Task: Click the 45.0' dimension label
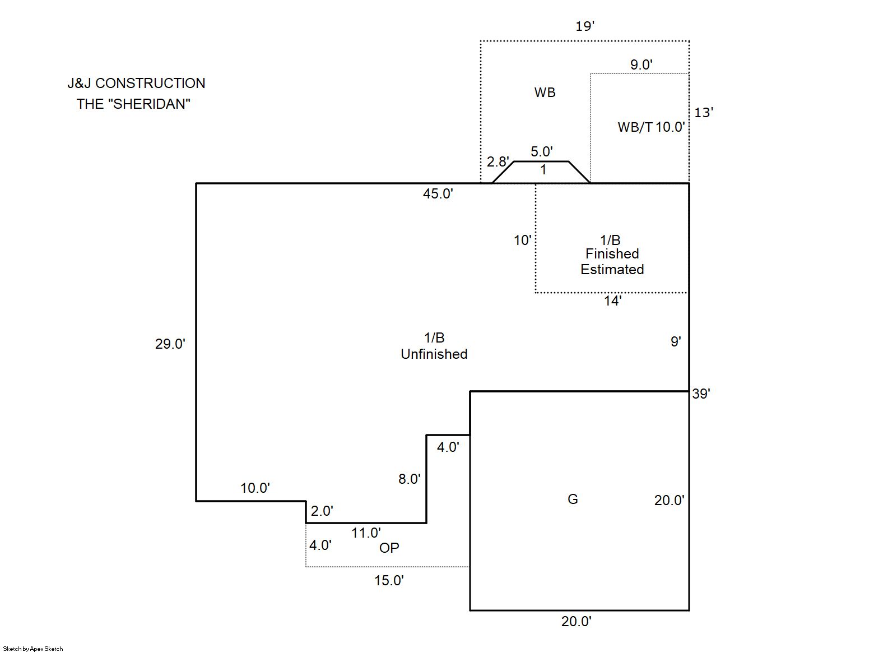point(438,194)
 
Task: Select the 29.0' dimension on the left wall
point(170,344)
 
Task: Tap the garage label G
point(573,500)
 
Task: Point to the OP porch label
point(389,548)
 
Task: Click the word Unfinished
point(434,354)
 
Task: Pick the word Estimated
point(612,270)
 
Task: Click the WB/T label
point(635,127)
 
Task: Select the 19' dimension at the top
point(584,26)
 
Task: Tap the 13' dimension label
point(703,113)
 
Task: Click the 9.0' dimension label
point(641,65)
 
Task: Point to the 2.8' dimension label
point(498,162)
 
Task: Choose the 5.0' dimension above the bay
point(541,151)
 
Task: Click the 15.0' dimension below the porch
point(389,581)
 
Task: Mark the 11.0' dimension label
point(366,533)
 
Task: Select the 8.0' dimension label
point(409,479)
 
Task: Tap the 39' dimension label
point(701,394)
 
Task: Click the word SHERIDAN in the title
point(150,104)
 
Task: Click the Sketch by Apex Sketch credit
point(33,649)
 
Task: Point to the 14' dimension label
point(612,301)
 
